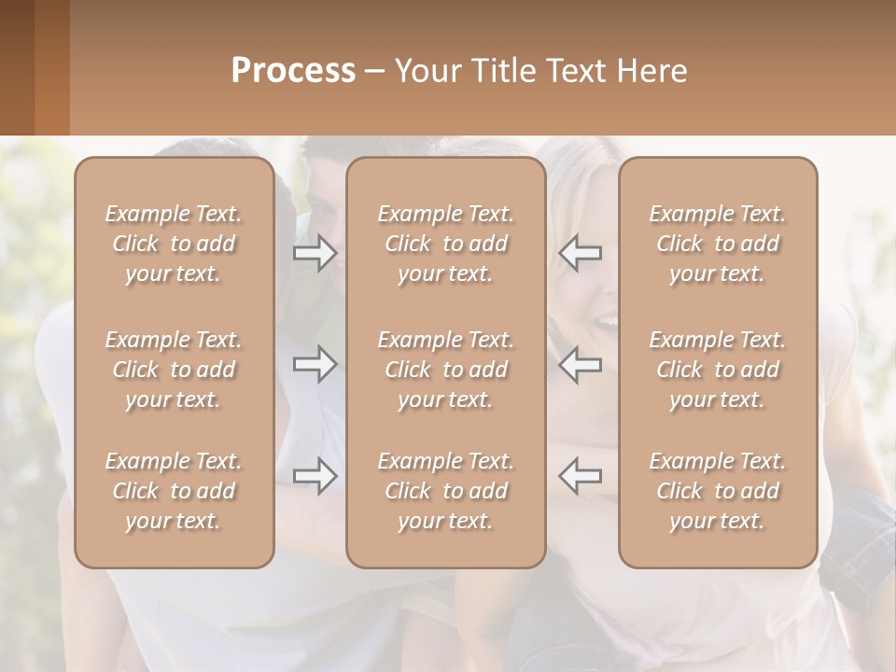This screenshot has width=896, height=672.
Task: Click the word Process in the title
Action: click(x=292, y=70)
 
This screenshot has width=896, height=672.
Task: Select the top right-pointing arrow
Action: click(x=315, y=253)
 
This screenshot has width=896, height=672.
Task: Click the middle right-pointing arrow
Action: click(x=315, y=364)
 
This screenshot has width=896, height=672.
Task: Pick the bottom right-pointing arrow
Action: click(x=315, y=476)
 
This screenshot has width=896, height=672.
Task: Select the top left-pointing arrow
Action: click(x=581, y=253)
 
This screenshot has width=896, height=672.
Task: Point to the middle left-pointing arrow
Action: click(x=581, y=364)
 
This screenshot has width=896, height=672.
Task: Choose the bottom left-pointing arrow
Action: click(x=581, y=476)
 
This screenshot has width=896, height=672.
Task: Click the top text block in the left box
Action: click(x=174, y=244)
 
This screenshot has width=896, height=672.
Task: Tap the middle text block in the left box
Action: click(x=174, y=370)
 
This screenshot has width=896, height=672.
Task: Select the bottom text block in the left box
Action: click(x=174, y=491)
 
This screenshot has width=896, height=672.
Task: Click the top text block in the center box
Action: click(x=446, y=244)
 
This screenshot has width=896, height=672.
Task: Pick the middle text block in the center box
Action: click(x=446, y=370)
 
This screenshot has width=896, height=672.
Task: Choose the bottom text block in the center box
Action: click(x=446, y=491)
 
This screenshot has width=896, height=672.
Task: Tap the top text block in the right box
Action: click(x=718, y=244)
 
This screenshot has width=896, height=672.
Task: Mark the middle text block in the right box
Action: click(x=718, y=370)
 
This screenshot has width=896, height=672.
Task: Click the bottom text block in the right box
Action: click(x=718, y=491)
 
